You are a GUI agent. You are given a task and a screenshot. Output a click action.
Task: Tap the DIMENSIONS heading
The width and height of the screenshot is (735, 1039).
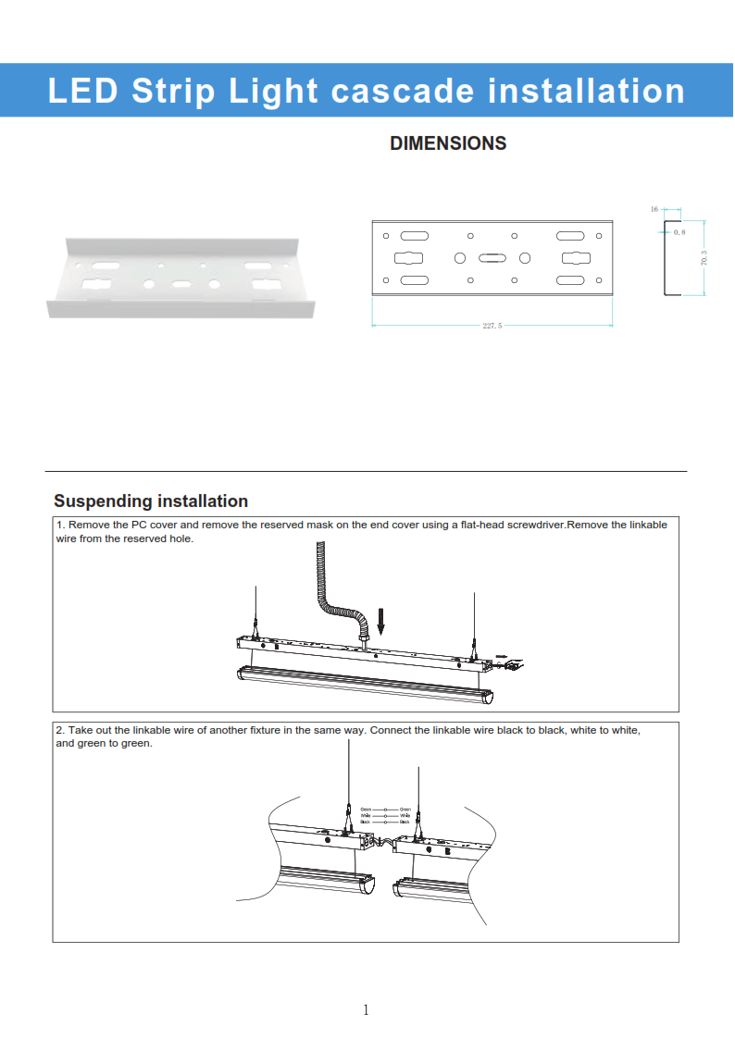[x=448, y=143]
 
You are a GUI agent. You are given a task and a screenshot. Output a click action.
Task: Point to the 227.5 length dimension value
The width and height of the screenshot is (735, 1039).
[x=492, y=327]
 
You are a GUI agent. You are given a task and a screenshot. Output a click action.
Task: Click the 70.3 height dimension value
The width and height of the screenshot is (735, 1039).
[x=704, y=258]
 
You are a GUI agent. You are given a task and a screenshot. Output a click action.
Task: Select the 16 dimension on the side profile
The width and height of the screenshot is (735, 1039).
[x=654, y=210]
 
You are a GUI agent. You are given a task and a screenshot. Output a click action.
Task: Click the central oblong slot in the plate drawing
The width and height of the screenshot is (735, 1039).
[x=492, y=258]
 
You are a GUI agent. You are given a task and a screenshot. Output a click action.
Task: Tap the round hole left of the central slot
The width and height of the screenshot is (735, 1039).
[x=459, y=258]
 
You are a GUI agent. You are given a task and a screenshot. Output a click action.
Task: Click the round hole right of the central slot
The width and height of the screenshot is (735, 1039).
[x=525, y=258]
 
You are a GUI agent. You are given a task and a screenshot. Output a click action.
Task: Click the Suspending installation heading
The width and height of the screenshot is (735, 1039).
[x=151, y=501]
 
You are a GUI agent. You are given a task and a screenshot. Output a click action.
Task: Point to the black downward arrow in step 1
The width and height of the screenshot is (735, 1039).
[x=380, y=621]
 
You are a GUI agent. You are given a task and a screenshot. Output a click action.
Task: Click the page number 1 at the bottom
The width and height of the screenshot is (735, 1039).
[x=366, y=1009]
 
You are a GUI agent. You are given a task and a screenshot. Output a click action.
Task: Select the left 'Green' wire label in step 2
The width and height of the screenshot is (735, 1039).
[x=366, y=810]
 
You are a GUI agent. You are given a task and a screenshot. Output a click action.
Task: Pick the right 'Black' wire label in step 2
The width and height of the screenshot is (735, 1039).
[x=405, y=822]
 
